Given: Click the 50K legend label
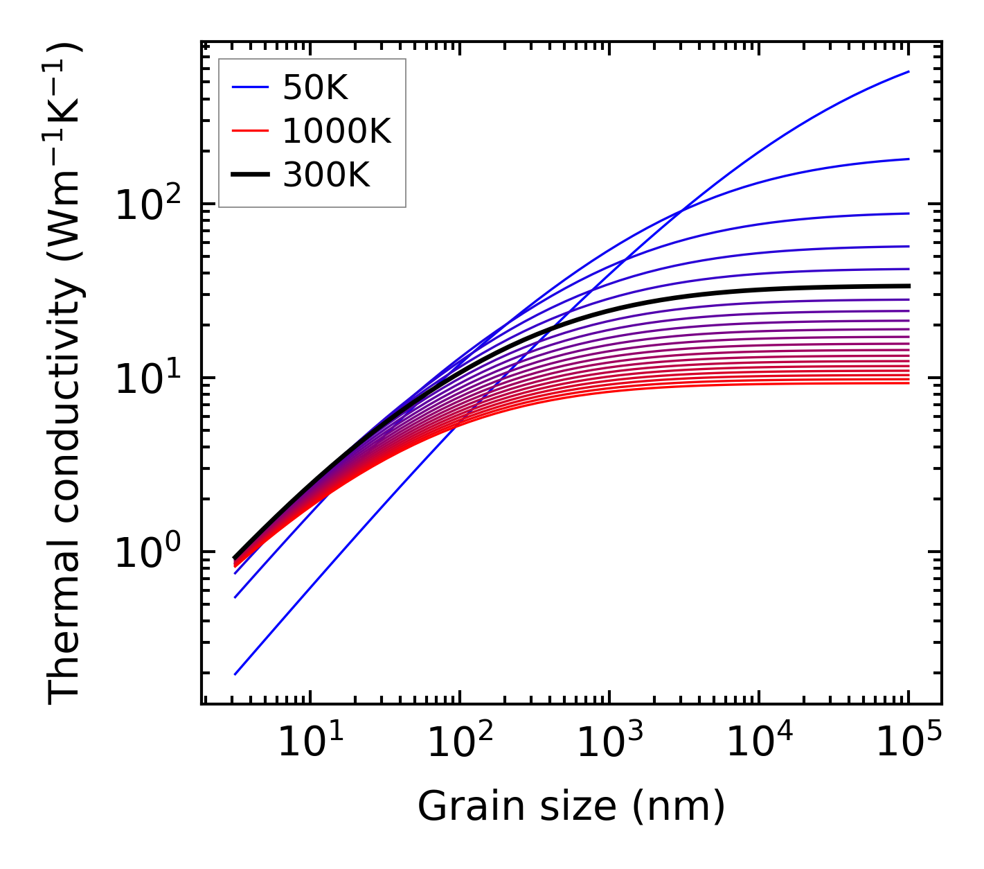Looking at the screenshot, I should [315, 88].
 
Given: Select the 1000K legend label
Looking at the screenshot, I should [337, 131].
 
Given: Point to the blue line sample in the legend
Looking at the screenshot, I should [250, 88].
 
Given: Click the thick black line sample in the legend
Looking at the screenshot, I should [250, 175].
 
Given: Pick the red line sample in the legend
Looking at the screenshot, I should [250, 131].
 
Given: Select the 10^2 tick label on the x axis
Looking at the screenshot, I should [459, 744].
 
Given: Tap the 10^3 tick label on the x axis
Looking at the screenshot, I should [609, 744].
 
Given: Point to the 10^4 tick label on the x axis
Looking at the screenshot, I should [758, 744].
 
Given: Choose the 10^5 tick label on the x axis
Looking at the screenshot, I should [908, 744].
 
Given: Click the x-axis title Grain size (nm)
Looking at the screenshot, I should [571, 807].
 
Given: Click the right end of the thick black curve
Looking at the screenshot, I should [909, 286].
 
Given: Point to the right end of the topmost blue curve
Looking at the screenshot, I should [909, 71].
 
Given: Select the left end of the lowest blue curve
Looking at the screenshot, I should [235, 674].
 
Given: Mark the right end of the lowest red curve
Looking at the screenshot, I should [909, 383].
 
